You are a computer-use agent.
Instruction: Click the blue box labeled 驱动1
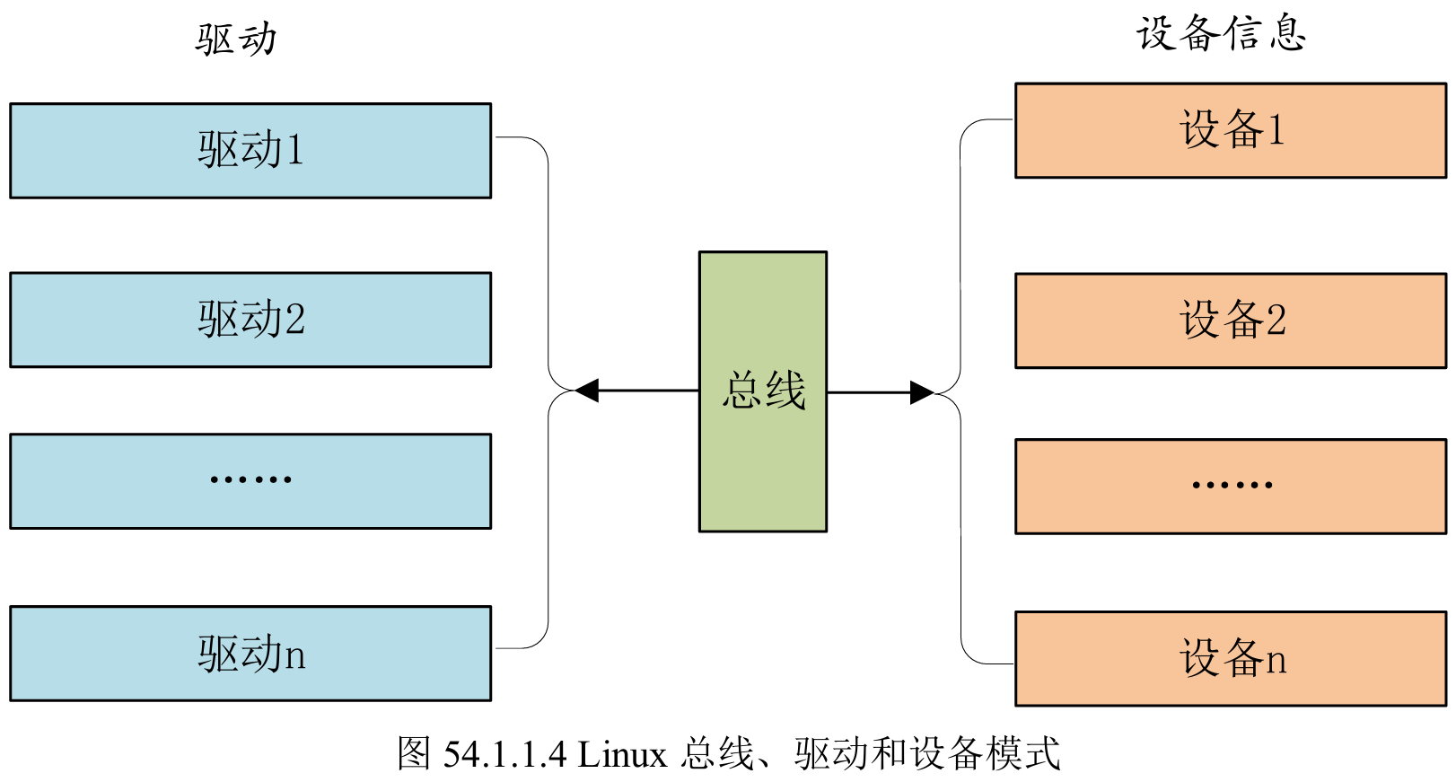[x=250, y=151]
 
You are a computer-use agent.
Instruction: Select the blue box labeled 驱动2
[x=250, y=320]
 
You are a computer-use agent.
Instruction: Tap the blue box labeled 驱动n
[x=250, y=654]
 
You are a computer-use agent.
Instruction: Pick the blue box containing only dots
[x=250, y=481]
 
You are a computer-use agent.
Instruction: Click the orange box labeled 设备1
[x=1230, y=131]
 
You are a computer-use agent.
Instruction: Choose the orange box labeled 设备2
[x=1230, y=321]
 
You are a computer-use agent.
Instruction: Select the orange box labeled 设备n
[x=1230, y=659]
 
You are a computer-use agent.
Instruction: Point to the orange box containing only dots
[x=1230, y=487]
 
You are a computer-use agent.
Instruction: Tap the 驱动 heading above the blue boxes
[x=236, y=39]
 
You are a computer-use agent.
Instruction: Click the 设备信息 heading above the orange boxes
[x=1221, y=34]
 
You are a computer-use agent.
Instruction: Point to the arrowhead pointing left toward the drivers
[x=587, y=391]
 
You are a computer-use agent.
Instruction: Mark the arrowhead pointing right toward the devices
[x=922, y=392]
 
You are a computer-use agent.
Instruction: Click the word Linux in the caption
[x=622, y=754]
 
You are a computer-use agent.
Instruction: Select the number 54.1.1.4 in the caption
[x=504, y=754]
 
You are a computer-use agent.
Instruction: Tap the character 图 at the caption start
[x=415, y=753]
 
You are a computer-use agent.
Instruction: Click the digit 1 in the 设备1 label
[x=1275, y=131]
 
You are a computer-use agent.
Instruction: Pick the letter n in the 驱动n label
[x=295, y=656]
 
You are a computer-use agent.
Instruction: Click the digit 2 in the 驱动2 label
[x=294, y=320]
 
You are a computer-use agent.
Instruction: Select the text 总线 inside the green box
[x=764, y=391]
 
